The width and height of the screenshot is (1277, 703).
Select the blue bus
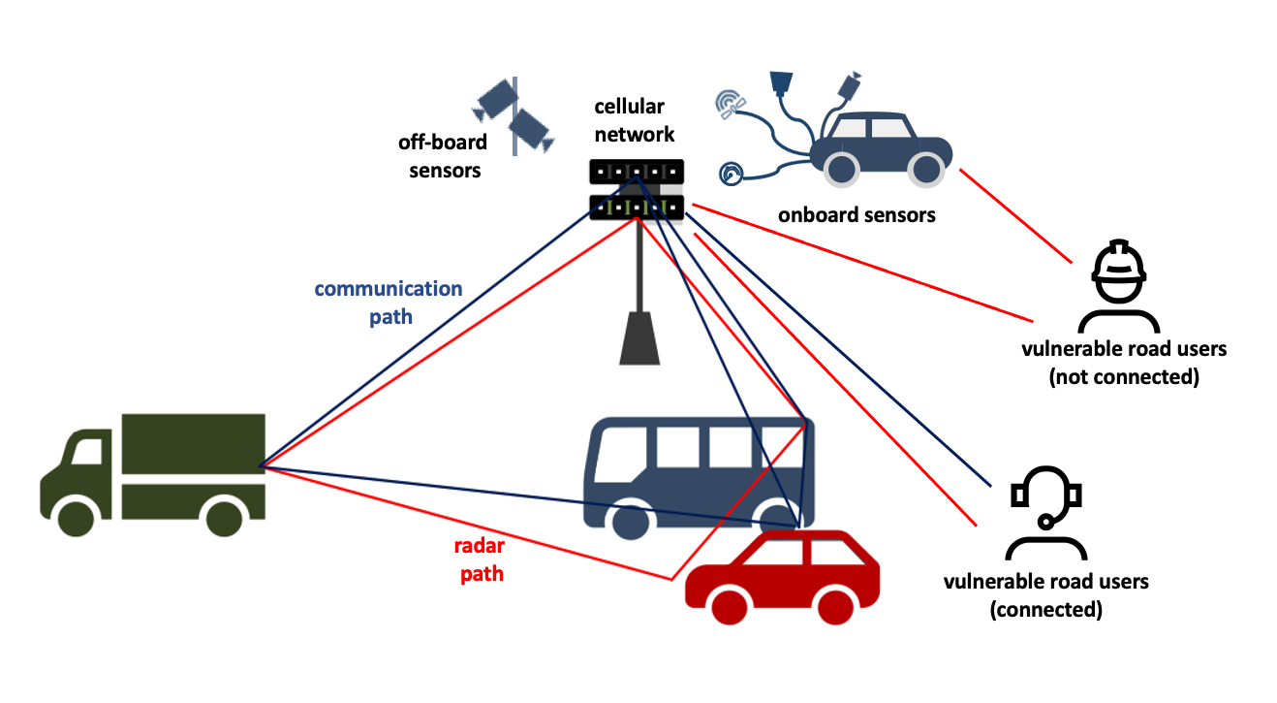point(698,470)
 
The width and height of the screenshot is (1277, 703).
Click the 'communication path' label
point(389,303)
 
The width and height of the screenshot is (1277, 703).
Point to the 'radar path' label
point(481,559)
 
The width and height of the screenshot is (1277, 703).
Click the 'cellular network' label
point(635,121)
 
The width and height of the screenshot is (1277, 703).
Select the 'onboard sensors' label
point(857,214)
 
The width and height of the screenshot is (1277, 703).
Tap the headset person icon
point(1044,513)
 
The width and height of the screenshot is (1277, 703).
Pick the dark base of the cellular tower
point(638,338)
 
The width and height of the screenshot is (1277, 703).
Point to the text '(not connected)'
point(1124,377)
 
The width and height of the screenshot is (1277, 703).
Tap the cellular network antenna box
point(637,189)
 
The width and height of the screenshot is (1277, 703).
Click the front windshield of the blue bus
point(616,451)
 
